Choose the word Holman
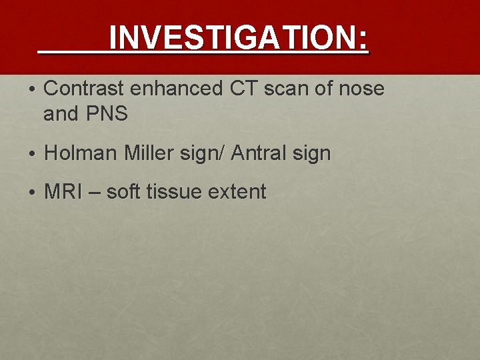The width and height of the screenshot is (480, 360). point(81,153)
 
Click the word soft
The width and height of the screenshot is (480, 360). point(123,192)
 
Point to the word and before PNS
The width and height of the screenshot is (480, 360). point(60,114)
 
